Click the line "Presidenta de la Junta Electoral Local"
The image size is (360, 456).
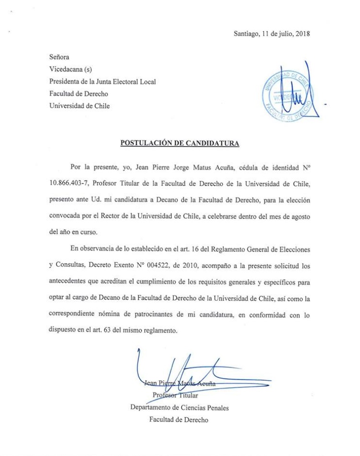point(103,82)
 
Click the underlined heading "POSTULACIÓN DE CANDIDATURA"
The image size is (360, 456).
point(180,143)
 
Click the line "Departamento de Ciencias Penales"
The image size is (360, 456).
point(180,408)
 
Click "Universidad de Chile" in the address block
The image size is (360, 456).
point(79,106)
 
